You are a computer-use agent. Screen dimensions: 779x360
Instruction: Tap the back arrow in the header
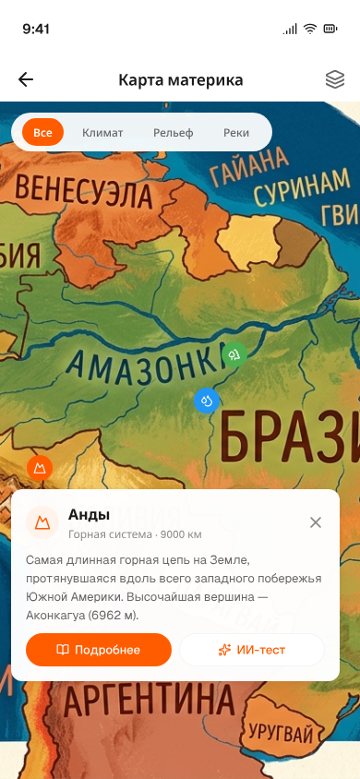pyautogui.click(x=26, y=79)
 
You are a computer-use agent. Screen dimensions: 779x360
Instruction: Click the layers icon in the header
pyautogui.click(x=334, y=79)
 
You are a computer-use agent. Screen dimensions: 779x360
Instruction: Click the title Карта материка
pyautogui.click(x=181, y=79)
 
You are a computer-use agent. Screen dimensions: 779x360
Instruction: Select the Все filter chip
pyautogui.click(x=42, y=132)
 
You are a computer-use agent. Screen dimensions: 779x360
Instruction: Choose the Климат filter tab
pyautogui.click(x=102, y=132)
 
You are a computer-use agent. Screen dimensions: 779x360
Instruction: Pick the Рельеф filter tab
pyautogui.click(x=174, y=132)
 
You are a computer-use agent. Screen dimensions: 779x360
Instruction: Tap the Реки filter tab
pyautogui.click(x=236, y=132)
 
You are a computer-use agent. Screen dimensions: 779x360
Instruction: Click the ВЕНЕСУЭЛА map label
pyautogui.click(x=83, y=193)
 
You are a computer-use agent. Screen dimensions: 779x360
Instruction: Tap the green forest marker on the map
pyautogui.click(x=235, y=354)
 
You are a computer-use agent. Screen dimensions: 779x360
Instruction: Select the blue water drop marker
pyautogui.click(x=206, y=401)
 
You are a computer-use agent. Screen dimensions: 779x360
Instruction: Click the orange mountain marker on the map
pyautogui.click(x=40, y=468)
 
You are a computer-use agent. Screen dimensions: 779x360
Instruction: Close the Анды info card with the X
pyautogui.click(x=316, y=522)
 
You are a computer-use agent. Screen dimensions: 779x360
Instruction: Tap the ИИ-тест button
pyautogui.click(x=251, y=650)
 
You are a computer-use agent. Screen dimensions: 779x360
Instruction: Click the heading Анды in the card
pyautogui.click(x=90, y=514)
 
